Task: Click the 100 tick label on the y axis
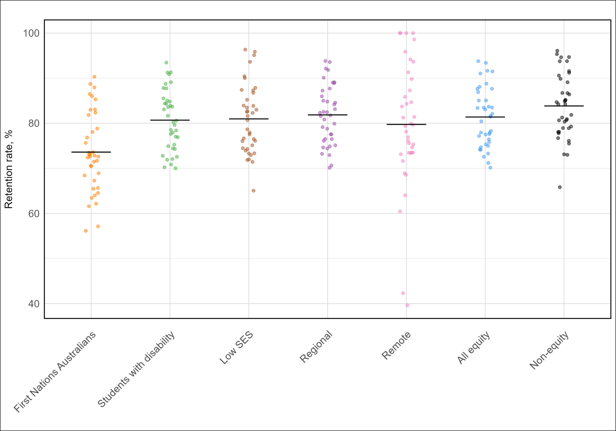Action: pyautogui.click(x=31, y=33)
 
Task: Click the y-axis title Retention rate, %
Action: pyautogui.click(x=9, y=169)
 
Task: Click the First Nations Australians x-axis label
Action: pyautogui.click(x=55, y=372)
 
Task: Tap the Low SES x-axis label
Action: pyautogui.click(x=236, y=348)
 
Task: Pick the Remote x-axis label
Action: pyautogui.click(x=396, y=346)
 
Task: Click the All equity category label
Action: pyautogui.click(x=473, y=348)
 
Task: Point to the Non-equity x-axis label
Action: pyautogui.click(x=549, y=350)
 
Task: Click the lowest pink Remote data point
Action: pyautogui.click(x=407, y=305)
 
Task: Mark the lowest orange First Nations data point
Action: pyautogui.click(x=86, y=231)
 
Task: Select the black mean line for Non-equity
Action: pyautogui.click(x=564, y=106)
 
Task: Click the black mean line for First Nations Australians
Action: pyautogui.click(x=91, y=152)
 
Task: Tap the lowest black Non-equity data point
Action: pyautogui.click(x=560, y=187)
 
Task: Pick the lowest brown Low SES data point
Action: pyautogui.click(x=254, y=191)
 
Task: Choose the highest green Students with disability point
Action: pyautogui.click(x=166, y=63)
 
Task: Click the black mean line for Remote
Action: pyautogui.click(x=406, y=124)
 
